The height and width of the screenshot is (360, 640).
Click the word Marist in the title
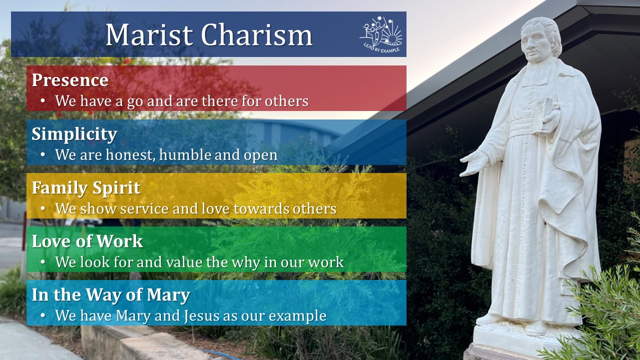pyautogui.click(x=149, y=35)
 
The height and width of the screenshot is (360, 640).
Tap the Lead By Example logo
pyautogui.click(x=381, y=34)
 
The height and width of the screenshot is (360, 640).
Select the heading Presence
pyautogui.click(x=70, y=80)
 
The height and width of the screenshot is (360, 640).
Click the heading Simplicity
pyautogui.click(x=74, y=134)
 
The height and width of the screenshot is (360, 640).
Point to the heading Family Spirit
pyautogui.click(x=86, y=188)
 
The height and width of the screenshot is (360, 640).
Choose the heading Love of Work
pyautogui.click(x=87, y=241)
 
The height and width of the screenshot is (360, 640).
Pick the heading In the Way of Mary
pyautogui.click(x=110, y=295)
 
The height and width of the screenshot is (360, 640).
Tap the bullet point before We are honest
pyautogui.click(x=43, y=155)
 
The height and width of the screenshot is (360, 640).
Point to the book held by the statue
pyautogui.click(x=544, y=112)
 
